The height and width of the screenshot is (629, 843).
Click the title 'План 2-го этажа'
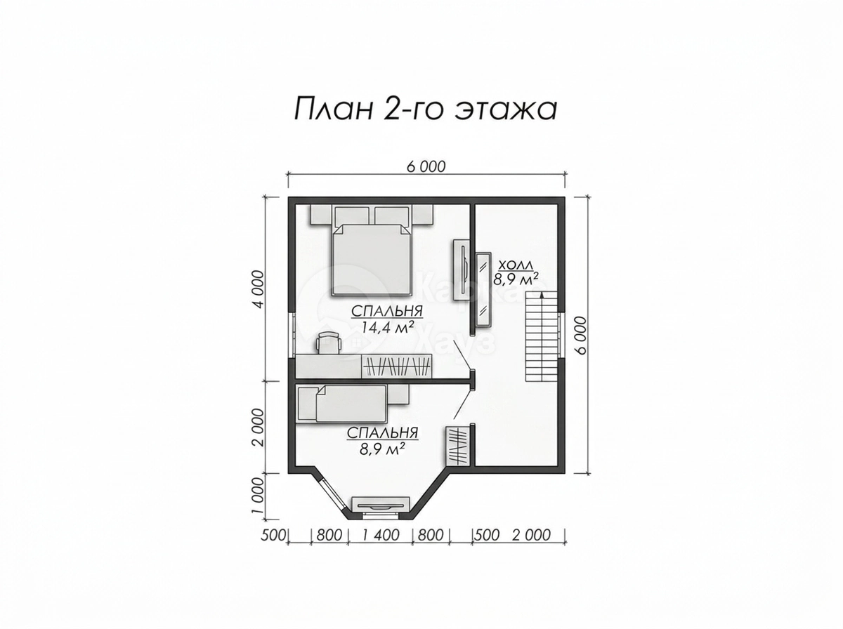click(x=425, y=109)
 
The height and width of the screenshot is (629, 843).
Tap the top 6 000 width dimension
click(x=426, y=167)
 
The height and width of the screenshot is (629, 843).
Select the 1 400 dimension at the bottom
click(x=381, y=535)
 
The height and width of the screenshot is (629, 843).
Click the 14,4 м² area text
click(x=388, y=327)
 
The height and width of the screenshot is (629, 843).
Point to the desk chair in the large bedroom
click(x=328, y=343)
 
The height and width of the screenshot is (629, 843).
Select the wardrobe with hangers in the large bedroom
click(x=397, y=366)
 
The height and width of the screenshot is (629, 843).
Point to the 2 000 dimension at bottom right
click(x=532, y=535)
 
